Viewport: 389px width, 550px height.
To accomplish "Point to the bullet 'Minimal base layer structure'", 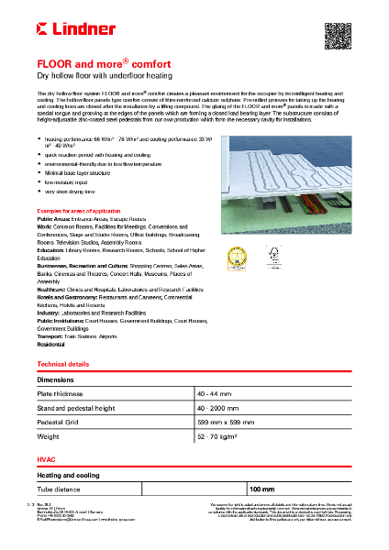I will tap(81, 171).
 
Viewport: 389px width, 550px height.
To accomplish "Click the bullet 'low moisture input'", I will tap(68, 181).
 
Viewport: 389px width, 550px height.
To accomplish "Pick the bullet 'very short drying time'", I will tap(71, 192).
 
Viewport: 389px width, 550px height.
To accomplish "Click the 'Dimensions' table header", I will tap(56, 379).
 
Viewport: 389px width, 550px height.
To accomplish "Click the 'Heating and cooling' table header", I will tap(69, 476).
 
